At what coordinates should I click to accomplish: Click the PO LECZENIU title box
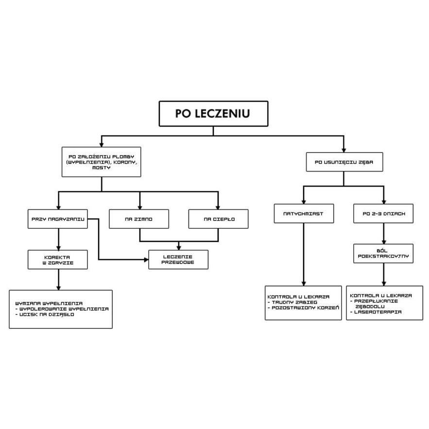click(213, 114)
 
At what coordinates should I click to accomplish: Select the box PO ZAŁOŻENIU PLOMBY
click(101, 162)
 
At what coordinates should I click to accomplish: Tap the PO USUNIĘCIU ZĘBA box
click(343, 162)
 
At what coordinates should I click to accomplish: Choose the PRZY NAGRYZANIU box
click(58, 219)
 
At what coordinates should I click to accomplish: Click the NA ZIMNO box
click(139, 219)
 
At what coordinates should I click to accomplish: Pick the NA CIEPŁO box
click(218, 219)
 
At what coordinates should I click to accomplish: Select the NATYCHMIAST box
click(303, 213)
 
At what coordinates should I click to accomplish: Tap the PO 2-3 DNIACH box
click(384, 213)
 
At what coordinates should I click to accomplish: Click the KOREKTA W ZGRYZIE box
click(58, 259)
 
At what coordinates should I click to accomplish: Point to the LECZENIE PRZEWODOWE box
click(178, 259)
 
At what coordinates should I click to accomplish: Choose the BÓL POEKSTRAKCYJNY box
click(384, 253)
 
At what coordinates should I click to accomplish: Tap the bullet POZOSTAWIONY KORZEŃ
click(305, 308)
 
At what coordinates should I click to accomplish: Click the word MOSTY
click(101, 168)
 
